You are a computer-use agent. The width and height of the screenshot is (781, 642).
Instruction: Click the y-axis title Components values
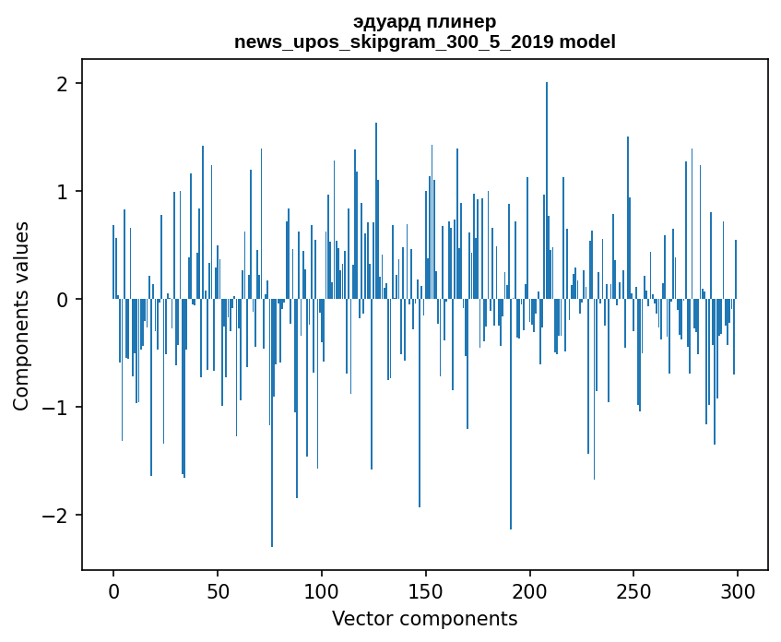tap(21, 315)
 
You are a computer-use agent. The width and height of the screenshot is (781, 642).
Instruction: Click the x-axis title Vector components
tap(425, 618)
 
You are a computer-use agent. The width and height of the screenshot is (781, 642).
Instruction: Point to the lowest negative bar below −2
tap(272, 424)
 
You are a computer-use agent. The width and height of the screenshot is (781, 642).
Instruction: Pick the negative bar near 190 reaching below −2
tap(511, 415)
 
